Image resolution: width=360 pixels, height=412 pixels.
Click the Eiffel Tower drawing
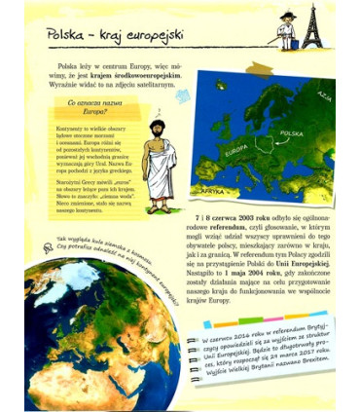[312, 25]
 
